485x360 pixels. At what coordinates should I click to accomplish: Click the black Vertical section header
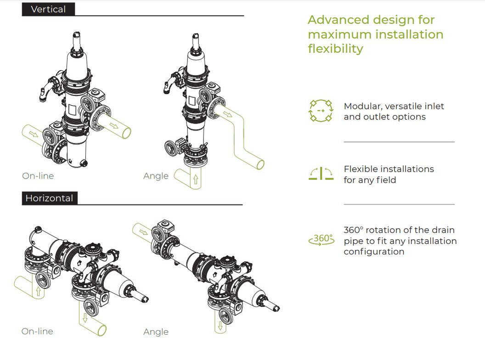pos(48,9)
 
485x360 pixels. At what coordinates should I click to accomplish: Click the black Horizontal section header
pos(49,198)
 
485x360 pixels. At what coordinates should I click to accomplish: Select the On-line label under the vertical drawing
pos(38,176)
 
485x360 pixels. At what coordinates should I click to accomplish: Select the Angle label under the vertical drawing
pos(156,176)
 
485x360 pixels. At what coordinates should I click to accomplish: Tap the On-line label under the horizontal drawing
pos(37,332)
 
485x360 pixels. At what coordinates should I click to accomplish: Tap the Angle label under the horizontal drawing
pos(156,332)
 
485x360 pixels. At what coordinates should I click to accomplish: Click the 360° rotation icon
pos(321,239)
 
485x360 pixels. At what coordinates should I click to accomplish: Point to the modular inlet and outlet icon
pos(321,111)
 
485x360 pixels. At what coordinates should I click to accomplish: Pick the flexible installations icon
pos(321,174)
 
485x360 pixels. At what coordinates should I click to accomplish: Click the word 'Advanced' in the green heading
pos(338,20)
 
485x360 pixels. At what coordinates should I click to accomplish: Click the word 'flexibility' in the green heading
pos(335,49)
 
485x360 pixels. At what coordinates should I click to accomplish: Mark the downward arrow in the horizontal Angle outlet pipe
pos(220,326)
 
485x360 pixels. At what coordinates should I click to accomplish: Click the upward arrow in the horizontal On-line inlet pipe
pos(38,290)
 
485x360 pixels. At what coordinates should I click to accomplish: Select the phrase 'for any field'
pos(370,180)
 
